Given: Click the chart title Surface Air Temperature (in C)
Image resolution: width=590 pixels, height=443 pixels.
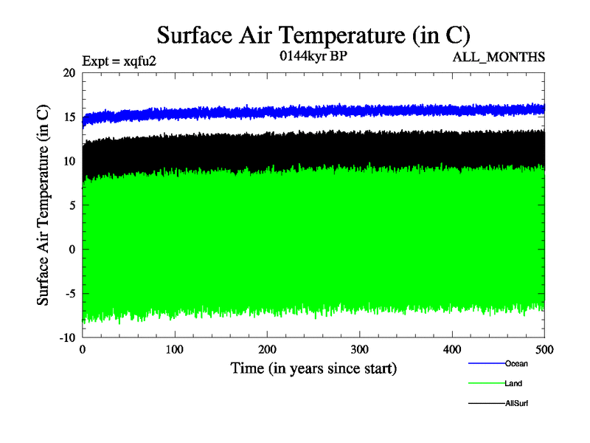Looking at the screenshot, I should coord(313,35).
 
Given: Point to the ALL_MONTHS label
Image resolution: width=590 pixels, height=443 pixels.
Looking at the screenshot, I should coord(504,58).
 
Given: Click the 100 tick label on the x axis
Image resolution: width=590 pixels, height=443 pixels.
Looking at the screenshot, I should coord(175,348).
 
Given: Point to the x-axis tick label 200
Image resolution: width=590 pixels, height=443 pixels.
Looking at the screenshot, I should coord(267,348).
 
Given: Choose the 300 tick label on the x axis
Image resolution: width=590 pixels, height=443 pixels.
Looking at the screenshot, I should coord(360,348).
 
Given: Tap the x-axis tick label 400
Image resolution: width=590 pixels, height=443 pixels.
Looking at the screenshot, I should coord(452,348).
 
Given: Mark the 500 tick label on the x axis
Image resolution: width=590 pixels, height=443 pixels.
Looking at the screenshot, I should coord(544,348).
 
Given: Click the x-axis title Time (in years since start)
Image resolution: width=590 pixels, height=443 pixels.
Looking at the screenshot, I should coord(313,368).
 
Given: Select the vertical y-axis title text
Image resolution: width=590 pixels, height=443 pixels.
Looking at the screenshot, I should coord(44,205).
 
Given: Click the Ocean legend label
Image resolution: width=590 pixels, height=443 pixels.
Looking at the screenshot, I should coord(516,363).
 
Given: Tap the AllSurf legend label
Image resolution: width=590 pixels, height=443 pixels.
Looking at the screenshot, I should coord(516,403).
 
